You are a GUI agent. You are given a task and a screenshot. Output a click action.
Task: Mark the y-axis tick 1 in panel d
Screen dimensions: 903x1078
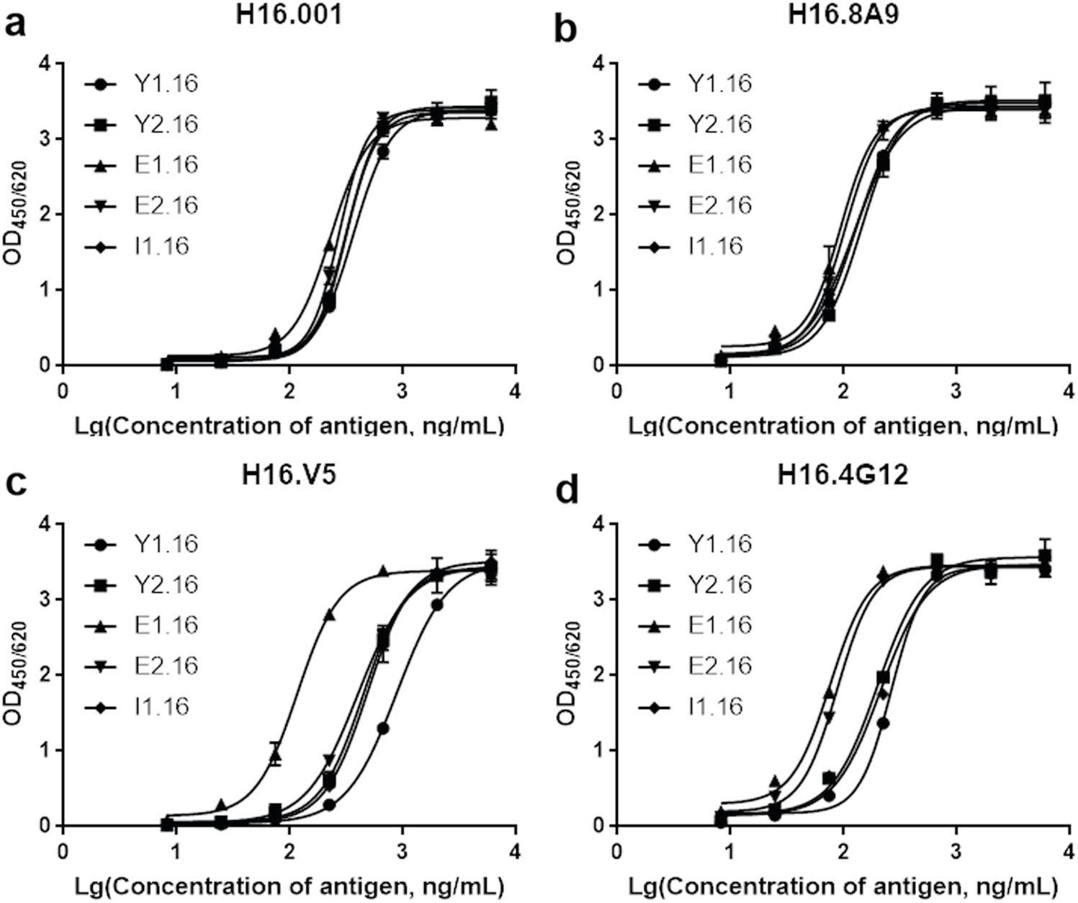598,750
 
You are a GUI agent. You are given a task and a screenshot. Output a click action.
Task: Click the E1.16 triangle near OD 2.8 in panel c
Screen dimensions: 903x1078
329,615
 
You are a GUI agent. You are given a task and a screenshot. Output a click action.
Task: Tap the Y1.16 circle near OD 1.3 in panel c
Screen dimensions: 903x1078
383,728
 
